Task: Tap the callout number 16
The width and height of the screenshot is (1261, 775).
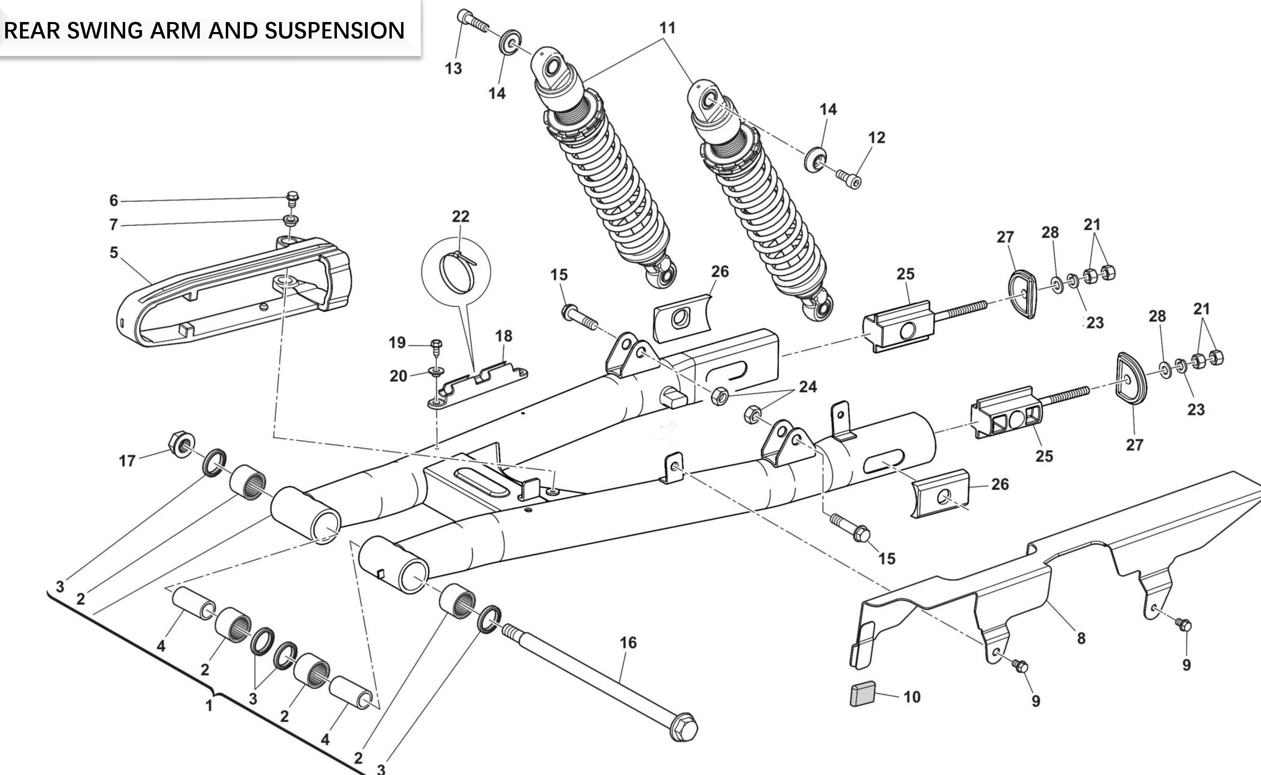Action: tap(628, 643)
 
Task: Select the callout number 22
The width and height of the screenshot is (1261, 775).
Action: tap(460, 217)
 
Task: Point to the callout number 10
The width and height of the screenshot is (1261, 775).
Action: tap(912, 697)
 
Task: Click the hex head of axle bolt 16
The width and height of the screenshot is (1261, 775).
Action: tap(684, 728)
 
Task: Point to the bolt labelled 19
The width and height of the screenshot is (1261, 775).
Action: tap(436, 346)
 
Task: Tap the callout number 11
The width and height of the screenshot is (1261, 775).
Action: tap(667, 28)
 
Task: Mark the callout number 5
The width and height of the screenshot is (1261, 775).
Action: tap(114, 253)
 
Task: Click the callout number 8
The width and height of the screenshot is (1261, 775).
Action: tap(1081, 639)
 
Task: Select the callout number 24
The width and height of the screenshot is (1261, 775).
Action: tap(808, 386)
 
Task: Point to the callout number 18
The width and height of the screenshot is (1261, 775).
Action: tap(503, 336)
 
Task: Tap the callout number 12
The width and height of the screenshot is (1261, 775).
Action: tap(876, 138)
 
